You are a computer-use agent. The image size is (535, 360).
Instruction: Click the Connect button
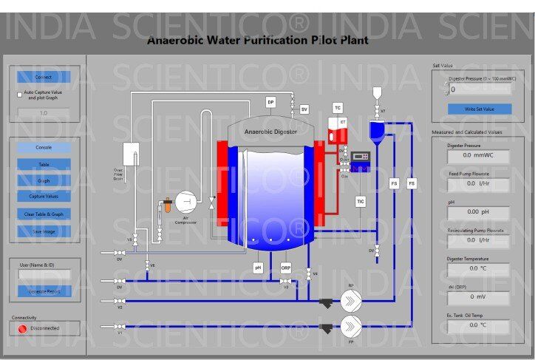click(x=44, y=77)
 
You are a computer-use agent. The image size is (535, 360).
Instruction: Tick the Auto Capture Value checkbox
click(x=19, y=95)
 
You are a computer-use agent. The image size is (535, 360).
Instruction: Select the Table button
click(x=44, y=164)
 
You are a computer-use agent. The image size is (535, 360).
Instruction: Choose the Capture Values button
click(x=44, y=197)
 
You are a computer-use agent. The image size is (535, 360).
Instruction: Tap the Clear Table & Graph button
click(x=44, y=214)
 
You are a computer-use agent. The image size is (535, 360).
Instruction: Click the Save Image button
click(x=44, y=231)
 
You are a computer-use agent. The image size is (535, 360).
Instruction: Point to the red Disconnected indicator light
click(x=22, y=328)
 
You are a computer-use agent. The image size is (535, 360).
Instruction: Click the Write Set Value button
click(x=479, y=109)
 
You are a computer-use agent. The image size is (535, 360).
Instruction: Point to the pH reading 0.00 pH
click(x=478, y=212)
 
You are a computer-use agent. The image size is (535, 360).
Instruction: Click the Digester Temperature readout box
click(x=478, y=268)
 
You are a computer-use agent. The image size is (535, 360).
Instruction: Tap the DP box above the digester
click(x=270, y=102)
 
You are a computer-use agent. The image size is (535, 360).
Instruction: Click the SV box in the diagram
click(x=304, y=109)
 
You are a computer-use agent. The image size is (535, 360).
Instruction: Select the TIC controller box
click(x=361, y=201)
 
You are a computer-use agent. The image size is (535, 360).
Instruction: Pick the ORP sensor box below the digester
click(x=286, y=267)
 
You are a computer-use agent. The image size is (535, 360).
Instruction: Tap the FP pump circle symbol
click(x=352, y=325)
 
